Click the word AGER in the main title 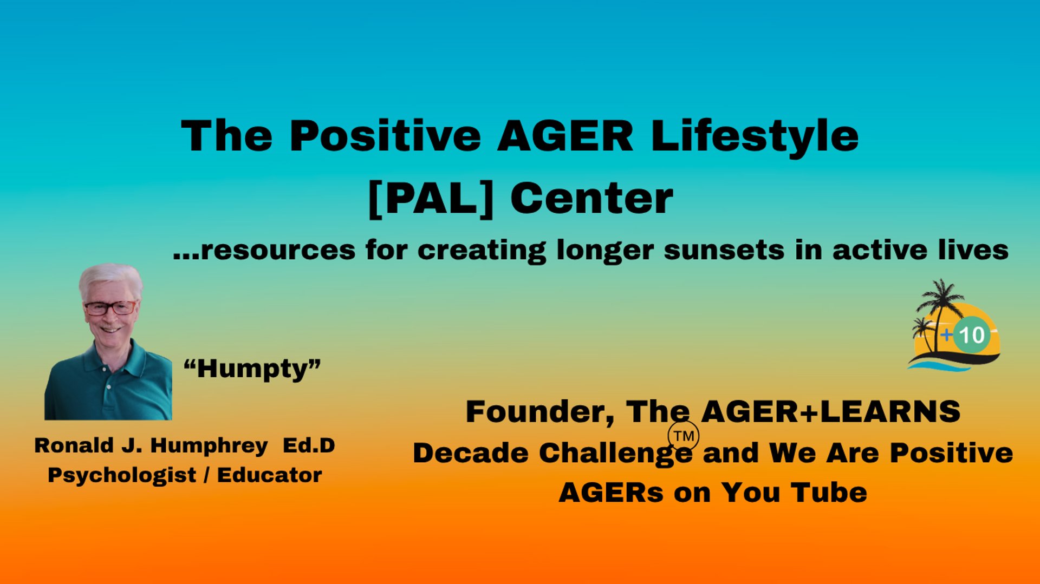point(565,135)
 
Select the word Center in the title point(591,199)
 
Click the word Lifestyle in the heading point(755,136)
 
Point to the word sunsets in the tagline point(724,251)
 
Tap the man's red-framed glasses point(110,308)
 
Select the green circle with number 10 point(972,335)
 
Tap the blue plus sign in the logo point(946,335)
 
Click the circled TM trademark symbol point(683,436)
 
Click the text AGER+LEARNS point(830,412)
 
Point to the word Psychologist point(122,476)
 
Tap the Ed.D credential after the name point(309,445)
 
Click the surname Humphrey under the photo point(209,447)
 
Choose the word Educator point(270,475)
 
